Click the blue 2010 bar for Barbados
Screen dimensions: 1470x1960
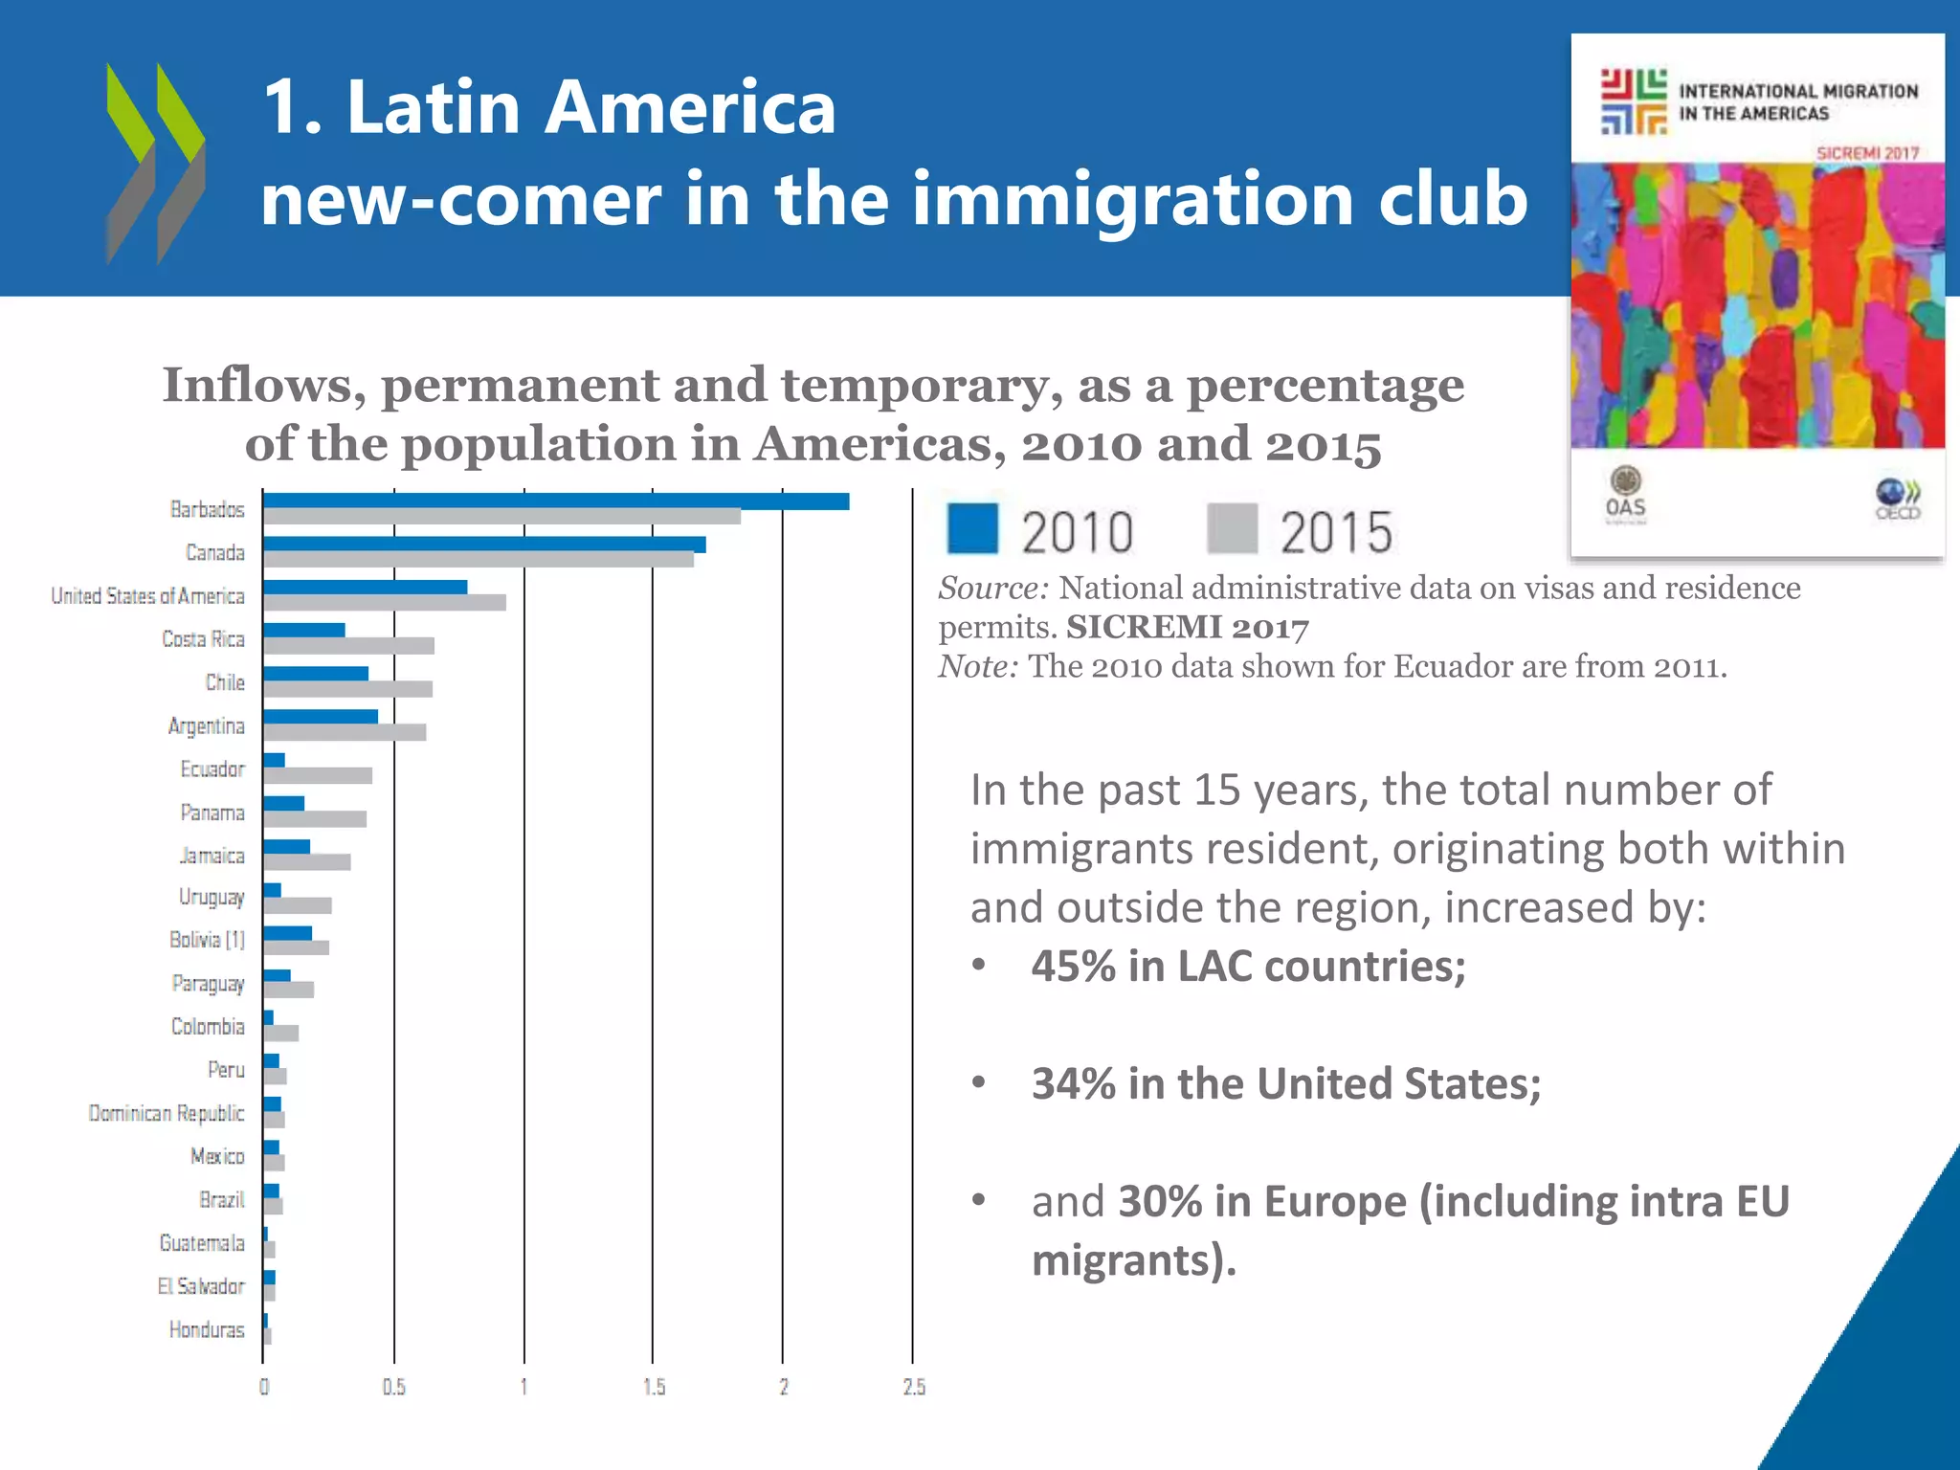pos(555,501)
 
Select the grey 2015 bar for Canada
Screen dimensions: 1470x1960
pos(479,560)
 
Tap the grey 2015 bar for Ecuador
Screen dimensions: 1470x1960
pos(318,776)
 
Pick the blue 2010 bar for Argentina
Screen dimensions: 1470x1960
pos(321,717)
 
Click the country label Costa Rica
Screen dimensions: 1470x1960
pos(203,639)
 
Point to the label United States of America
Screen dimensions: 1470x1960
pos(147,596)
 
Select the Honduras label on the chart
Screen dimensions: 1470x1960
pos(206,1330)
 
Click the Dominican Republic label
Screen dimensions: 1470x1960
pos(167,1114)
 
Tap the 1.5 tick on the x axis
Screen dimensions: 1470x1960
pos(654,1388)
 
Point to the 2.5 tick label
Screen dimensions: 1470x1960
pos(913,1388)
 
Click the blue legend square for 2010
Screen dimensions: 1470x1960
pos(972,529)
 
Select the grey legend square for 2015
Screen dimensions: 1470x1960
pos(1232,529)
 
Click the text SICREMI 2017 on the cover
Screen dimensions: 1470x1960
pos(1867,153)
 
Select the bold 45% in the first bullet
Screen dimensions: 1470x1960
pos(1073,967)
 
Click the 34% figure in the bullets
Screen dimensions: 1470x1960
pos(1073,1084)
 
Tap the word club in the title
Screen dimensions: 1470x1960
pos(1451,199)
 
